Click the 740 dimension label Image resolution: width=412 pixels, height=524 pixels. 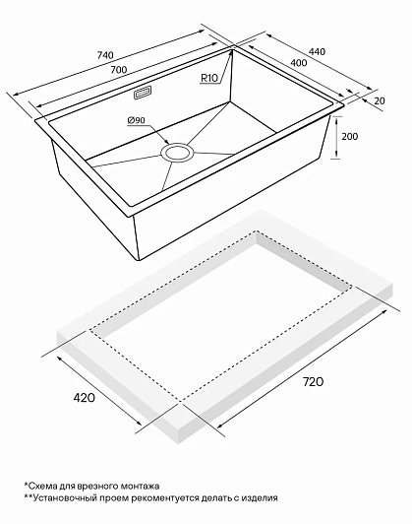105,55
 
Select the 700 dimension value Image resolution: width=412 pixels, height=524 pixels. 119,70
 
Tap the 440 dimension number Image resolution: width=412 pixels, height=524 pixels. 317,52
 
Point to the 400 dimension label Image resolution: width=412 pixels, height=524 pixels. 299,62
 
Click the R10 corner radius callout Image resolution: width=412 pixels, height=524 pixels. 209,78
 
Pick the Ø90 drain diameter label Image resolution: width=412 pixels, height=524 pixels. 136,120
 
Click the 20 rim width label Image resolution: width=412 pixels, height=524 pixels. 380,100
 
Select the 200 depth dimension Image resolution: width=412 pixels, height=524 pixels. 350,136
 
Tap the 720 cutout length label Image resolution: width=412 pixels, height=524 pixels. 313,381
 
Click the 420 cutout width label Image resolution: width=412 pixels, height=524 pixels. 84,398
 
